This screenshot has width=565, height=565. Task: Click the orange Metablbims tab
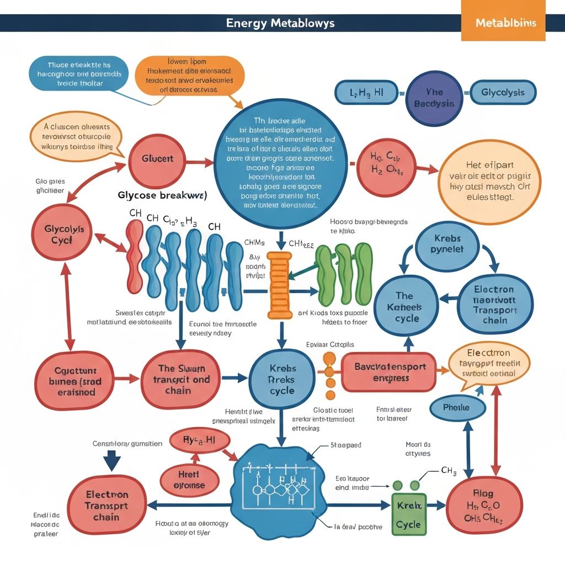503,24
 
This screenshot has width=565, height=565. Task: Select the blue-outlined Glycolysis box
502,93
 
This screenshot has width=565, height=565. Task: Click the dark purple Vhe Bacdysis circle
434,97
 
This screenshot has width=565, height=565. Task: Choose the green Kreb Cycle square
408,514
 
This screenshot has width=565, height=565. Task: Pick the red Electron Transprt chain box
106,506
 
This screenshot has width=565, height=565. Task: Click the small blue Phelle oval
456,407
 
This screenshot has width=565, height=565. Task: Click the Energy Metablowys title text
280,23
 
